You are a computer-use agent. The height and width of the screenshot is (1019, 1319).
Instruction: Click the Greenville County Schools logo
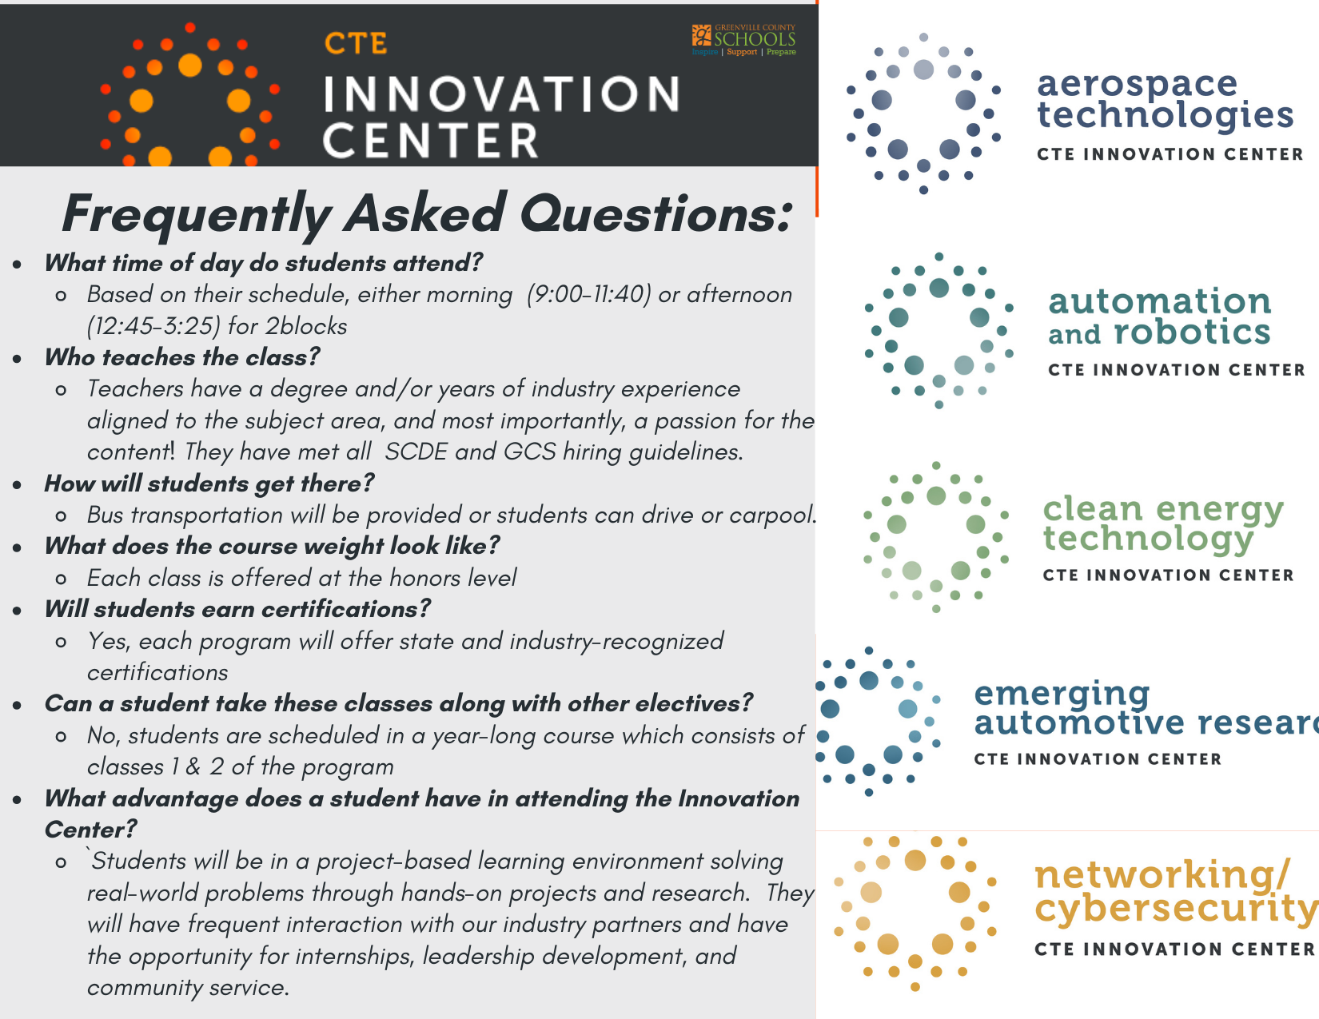(743, 40)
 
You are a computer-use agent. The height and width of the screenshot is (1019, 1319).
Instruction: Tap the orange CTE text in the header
(356, 44)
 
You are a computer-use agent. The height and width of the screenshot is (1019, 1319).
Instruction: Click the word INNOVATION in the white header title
(502, 94)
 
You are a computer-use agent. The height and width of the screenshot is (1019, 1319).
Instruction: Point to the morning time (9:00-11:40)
(589, 294)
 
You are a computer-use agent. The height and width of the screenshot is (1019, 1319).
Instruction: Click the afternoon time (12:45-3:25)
(153, 327)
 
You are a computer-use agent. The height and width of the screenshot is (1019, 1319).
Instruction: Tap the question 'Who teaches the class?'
(182, 357)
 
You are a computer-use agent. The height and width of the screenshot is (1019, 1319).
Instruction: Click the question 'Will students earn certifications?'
(237, 609)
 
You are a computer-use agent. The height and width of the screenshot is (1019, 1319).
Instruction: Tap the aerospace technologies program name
(1165, 100)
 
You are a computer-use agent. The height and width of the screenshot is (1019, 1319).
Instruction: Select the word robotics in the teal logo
(1192, 332)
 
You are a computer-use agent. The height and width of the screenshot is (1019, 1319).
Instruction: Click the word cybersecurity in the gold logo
(1177, 910)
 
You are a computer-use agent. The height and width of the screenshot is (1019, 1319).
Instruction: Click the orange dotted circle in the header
(190, 94)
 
